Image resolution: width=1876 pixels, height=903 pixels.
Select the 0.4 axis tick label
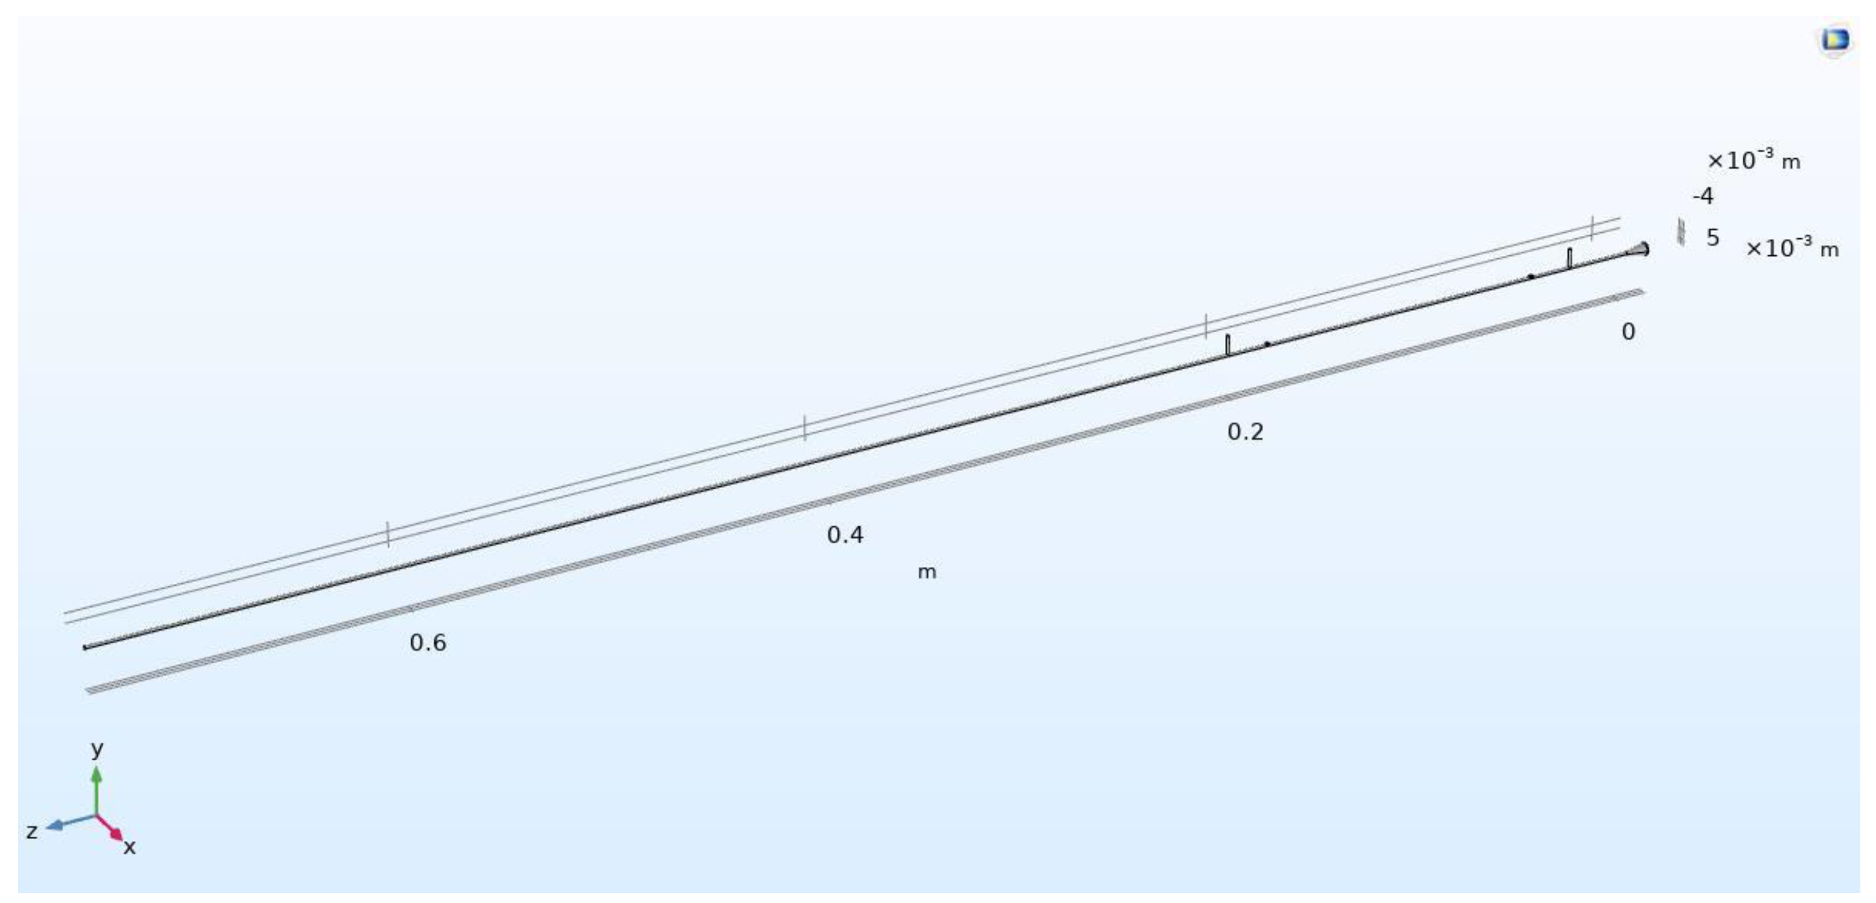(845, 535)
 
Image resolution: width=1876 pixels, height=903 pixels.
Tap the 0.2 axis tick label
(1245, 432)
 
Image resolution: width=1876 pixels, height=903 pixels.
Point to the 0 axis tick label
(1628, 332)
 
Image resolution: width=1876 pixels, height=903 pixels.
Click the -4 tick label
(1703, 196)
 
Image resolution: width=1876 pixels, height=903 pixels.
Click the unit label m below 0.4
(926, 573)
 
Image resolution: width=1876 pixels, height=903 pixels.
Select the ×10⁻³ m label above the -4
(1754, 160)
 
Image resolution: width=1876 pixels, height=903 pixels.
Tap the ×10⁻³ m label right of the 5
(1792, 248)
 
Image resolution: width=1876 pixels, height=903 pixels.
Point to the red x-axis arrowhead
(116, 835)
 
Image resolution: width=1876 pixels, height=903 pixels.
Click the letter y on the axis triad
(97, 748)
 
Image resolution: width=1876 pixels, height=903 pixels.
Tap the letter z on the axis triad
(32, 832)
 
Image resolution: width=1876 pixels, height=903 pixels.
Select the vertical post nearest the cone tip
(1569, 258)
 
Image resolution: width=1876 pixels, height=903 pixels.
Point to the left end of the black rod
(86, 646)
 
